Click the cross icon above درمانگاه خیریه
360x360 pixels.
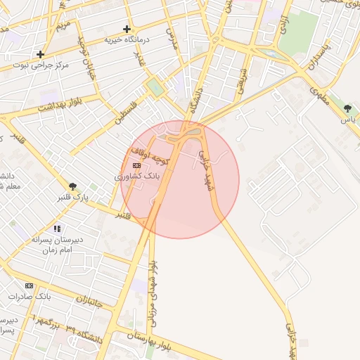[x=127, y=30]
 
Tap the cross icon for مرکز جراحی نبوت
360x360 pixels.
[x=41, y=54]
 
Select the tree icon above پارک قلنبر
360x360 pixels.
[x=72, y=186]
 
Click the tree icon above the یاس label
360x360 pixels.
[x=347, y=108]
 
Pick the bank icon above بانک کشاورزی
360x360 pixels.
[x=136, y=165]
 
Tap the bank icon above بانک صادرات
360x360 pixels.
[x=29, y=285]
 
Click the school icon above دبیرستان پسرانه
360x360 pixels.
[x=57, y=229]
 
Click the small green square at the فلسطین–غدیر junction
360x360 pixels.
[x=155, y=88]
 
